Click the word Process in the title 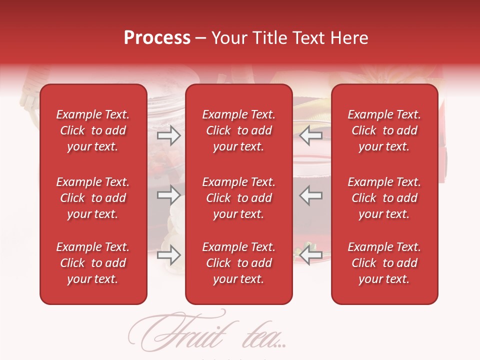pos(157,38)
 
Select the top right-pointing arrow pos(168,135)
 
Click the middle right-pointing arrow pos(168,195)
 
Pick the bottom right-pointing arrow pos(168,255)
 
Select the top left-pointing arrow pos(311,135)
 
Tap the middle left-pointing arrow pos(311,195)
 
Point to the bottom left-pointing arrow pos(311,255)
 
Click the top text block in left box pos(93,130)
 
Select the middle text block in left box pos(93,198)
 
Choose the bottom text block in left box pos(93,263)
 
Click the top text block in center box pos(238,130)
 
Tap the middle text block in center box pos(238,198)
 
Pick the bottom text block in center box pos(238,263)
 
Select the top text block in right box pos(384,130)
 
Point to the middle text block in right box pos(384,198)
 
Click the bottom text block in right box pos(384,263)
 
